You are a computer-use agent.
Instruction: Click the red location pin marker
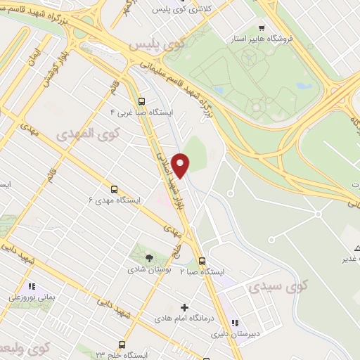pyautogui.click(x=181, y=165)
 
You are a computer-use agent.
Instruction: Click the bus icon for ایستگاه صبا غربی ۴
pyautogui.click(x=143, y=101)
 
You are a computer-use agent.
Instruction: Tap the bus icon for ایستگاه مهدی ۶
pyautogui.click(x=114, y=189)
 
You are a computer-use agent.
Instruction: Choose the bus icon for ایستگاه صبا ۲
pyautogui.click(x=202, y=260)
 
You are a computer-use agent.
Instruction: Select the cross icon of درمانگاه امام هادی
pyautogui.click(x=185, y=307)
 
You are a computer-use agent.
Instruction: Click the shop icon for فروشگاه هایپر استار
pyautogui.click(x=262, y=27)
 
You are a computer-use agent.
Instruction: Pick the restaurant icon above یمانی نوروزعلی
pyautogui.click(x=31, y=286)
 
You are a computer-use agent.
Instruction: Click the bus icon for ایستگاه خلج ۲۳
pyautogui.click(x=122, y=345)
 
